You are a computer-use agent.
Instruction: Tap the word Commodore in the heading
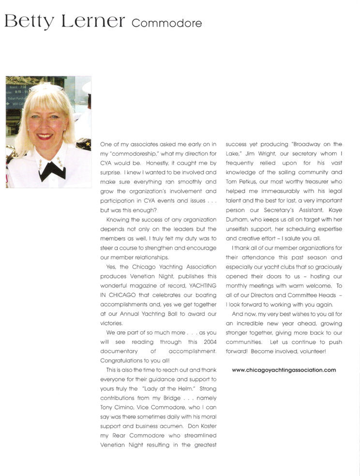coord(166,23)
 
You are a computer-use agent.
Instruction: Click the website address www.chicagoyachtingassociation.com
coord(284,370)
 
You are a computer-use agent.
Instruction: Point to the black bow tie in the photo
coord(52,170)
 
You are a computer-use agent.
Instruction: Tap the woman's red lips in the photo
coord(45,137)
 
